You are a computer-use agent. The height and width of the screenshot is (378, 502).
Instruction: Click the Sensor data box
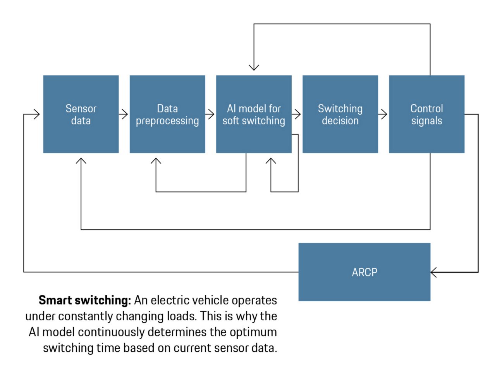(81, 114)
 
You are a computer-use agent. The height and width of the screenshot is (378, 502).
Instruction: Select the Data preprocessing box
(167, 114)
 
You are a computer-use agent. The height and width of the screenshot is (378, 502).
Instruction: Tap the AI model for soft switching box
(253, 114)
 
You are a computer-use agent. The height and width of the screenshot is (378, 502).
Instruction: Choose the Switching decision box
(340, 114)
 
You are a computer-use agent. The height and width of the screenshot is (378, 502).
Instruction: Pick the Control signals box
(426, 114)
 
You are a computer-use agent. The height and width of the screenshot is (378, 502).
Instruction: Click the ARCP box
(364, 272)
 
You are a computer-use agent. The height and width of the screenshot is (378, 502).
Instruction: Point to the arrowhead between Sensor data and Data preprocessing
(125, 114)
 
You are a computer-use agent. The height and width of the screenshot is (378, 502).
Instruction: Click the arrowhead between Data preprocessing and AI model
(211, 114)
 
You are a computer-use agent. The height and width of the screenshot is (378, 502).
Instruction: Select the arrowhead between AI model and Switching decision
(297, 114)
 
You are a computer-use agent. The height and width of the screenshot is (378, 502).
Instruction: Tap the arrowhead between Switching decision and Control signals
(384, 114)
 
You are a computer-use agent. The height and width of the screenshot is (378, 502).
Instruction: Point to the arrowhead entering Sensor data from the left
(37, 114)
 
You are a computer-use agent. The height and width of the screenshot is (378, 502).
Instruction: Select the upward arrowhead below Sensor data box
(81, 160)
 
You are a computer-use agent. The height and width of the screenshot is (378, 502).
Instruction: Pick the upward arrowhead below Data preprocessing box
(156, 160)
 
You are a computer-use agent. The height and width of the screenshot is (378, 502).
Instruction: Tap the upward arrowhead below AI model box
(271, 160)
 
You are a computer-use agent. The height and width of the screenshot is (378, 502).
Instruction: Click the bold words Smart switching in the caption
(85, 300)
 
